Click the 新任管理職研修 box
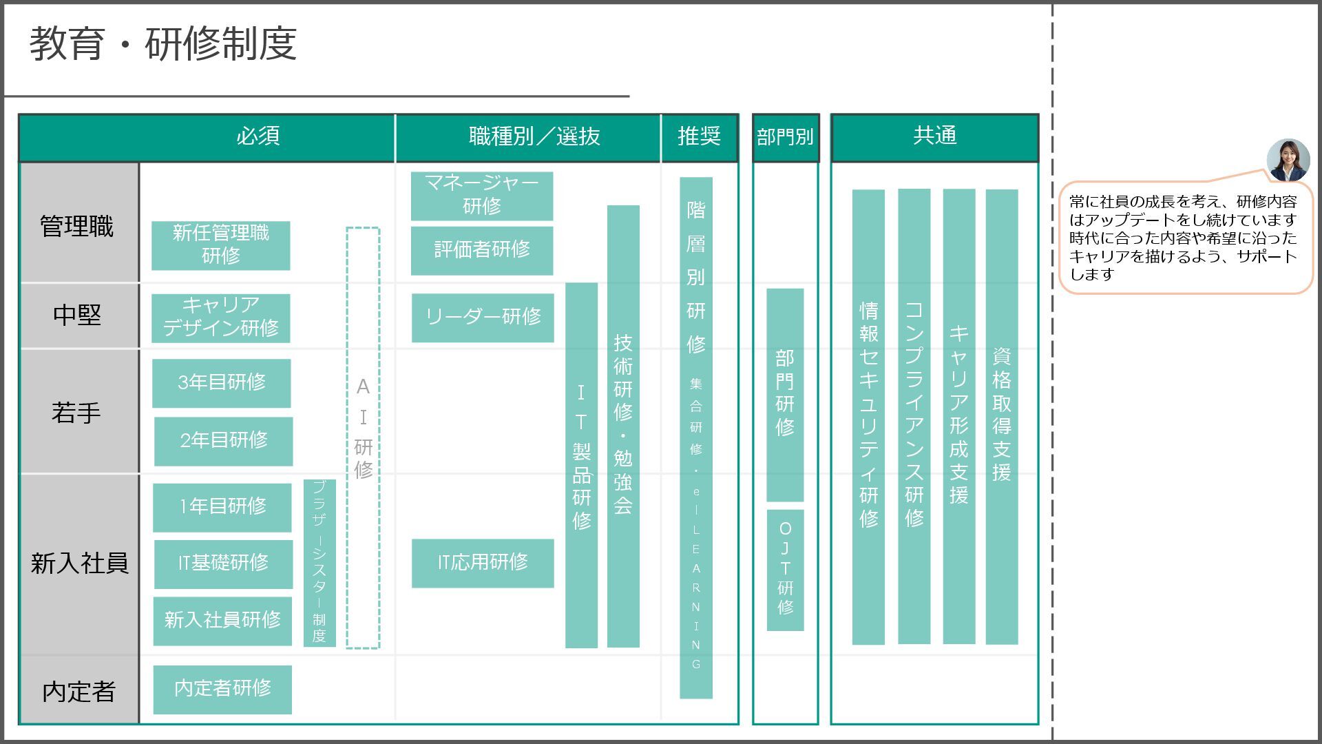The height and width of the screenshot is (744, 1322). [x=220, y=245]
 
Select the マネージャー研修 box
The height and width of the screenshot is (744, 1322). [x=482, y=196]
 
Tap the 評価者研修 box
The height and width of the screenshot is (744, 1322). [x=482, y=250]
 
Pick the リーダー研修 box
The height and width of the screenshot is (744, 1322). [x=483, y=318]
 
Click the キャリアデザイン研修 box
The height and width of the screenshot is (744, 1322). [x=220, y=318]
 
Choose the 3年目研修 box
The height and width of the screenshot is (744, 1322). [x=221, y=383]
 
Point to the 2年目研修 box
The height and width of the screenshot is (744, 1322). [x=223, y=441]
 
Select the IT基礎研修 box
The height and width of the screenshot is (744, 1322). [x=223, y=564]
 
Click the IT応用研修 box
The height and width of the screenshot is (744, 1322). [x=483, y=563]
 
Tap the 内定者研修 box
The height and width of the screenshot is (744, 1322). [x=222, y=689]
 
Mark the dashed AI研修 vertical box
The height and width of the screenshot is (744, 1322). [x=363, y=437]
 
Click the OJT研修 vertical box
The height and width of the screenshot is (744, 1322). [x=785, y=570]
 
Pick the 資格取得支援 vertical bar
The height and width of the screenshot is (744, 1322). [x=1001, y=416]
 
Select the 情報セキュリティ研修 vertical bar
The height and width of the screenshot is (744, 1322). [x=868, y=416]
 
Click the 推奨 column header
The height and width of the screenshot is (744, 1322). [x=699, y=137]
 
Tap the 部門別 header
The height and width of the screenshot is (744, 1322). [x=785, y=137]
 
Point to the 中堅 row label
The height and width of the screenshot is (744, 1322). [x=78, y=316]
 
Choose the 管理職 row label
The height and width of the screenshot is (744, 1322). [x=78, y=227]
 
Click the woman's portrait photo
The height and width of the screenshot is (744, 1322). [x=1288, y=160]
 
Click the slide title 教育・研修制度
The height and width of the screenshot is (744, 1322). [x=163, y=44]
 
